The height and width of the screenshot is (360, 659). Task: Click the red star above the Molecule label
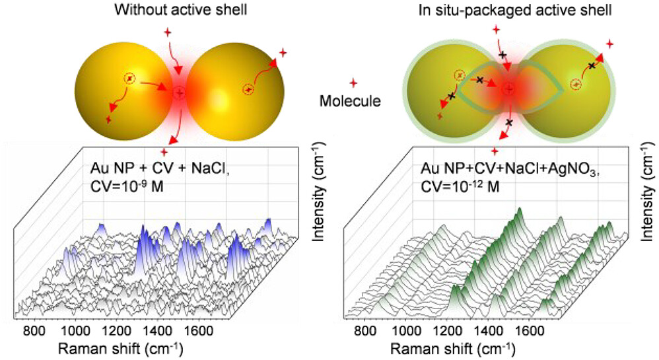tap(353, 83)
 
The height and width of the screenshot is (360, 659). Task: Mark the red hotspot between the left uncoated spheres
tap(180, 94)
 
